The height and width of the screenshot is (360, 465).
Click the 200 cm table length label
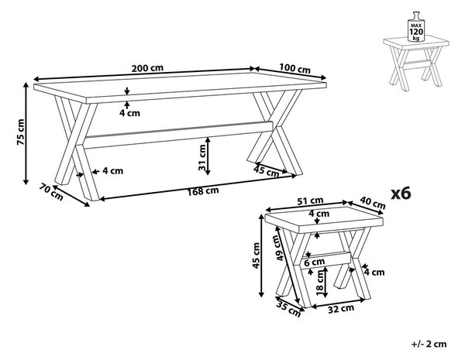(147, 68)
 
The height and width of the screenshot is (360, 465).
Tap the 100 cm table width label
(294, 68)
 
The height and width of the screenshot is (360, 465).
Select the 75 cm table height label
(20, 132)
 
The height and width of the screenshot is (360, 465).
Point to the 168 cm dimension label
(203, 191)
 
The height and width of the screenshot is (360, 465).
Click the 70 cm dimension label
(51, 192)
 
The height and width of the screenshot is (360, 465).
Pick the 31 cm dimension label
(202, 158)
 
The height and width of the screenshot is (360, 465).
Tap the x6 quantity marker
(401, 194)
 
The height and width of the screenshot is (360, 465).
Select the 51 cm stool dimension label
(310, 201)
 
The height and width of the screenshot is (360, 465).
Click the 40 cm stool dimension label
(373, 203)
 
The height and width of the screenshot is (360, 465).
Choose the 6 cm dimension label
(314, 262)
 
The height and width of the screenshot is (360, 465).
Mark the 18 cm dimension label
(320, 283)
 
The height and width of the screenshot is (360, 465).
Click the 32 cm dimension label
(341, 309)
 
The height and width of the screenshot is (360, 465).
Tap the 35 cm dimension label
(288, 309)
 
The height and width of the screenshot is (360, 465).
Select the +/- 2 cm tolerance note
(429, 344)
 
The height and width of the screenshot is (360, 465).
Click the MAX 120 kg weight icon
(415, 26)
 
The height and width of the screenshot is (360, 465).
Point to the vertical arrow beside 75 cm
(26, 134)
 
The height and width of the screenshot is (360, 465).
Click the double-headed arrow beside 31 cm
(208, 156)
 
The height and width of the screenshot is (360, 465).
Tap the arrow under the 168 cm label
(198, 187)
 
